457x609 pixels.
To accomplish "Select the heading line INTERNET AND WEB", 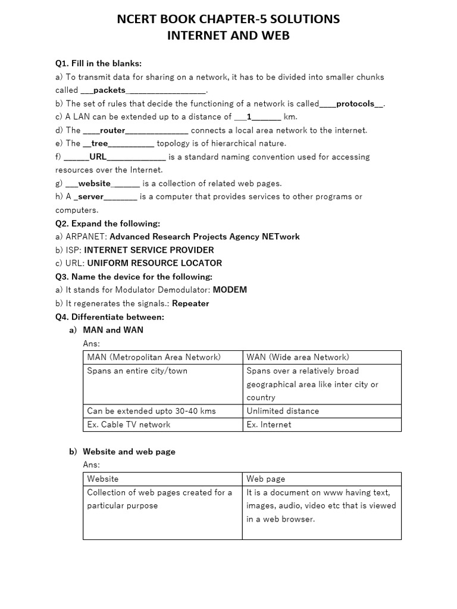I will point(228,36).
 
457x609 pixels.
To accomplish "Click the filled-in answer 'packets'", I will point(109,90).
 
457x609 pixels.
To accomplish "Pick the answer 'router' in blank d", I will point(112,130).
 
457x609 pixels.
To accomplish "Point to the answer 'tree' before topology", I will point(99,143).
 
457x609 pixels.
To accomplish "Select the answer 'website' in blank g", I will point(95,183).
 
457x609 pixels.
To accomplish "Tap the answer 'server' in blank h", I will point(91,196).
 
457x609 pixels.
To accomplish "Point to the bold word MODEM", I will point(230,290).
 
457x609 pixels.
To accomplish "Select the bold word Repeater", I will point(190,303).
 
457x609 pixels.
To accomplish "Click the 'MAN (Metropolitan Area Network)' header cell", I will point(154,357).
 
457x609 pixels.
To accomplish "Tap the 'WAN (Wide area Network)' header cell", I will point(298,357).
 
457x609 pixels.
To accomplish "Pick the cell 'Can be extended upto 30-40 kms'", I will point(151,411).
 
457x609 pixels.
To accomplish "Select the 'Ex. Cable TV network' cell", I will point(129,425).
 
